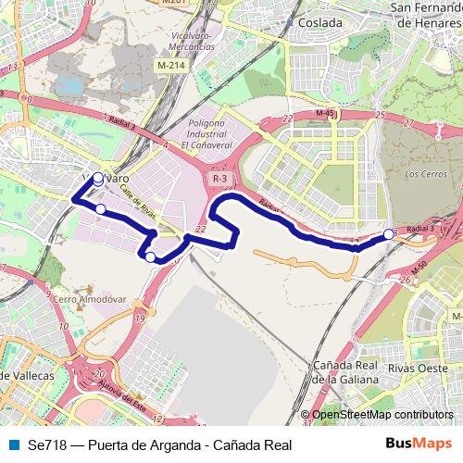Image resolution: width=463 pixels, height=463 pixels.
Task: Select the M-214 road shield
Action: point(170,67)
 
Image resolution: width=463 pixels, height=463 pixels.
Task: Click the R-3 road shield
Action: point(219,178)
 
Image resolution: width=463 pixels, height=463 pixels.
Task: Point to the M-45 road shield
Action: point(324,113)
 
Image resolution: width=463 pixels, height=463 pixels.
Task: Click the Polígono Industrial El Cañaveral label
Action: point(204,133)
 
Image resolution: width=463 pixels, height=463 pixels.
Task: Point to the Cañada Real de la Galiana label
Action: point(345,372)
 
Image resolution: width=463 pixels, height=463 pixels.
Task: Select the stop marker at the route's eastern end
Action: point(389,234)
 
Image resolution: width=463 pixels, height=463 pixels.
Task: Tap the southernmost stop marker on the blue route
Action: point(150,257)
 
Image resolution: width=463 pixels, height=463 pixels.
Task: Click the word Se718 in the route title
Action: point(47,444)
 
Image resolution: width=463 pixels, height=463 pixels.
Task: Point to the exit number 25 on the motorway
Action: point(381,115)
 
